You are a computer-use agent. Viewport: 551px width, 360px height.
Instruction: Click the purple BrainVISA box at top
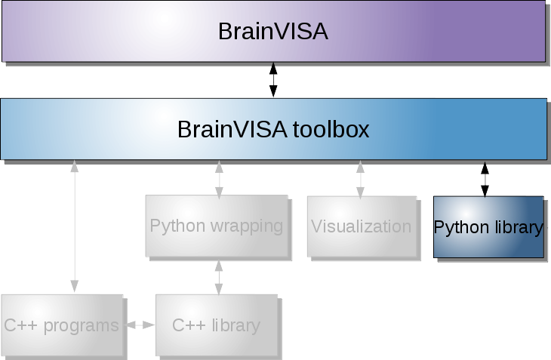pyautogui.click(x=273, y=32)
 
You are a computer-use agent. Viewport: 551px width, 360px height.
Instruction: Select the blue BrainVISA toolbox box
pyautogui.click(x=273, y=129)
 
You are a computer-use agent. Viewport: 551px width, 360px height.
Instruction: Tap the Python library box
pyautogui.click(x=488, y=227)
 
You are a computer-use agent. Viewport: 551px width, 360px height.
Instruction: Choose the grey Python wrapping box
pyautogui.click(x=217, y=226)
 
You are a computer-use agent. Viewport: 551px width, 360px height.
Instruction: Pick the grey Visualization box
pyautogui.click(x=361, y=226)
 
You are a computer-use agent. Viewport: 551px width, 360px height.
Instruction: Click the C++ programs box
pyautogui.click(x=62, y=325)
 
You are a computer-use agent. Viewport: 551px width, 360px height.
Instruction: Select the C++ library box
pyautogui.click(x=216, y=325)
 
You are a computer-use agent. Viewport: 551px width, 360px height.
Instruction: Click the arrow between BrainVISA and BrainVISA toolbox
pyautogui.click(x=273, y=80)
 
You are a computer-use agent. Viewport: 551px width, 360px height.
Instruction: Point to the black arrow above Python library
pyautogui.click(x=485, y=179)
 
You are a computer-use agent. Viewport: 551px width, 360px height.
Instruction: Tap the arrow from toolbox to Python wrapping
pyautogui.click(x=219, y=179)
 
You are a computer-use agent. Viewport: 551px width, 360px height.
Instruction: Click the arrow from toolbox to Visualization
pyautogui.click(x=360, y=179)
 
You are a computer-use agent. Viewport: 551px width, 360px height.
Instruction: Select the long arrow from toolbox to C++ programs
pyautogui.click(x=74, y=226)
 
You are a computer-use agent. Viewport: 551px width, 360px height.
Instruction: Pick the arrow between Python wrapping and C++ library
pyautogui.click(x=219, y=277)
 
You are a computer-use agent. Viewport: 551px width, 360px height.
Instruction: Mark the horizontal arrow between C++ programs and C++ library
pyautogui.click(x=140, y=325)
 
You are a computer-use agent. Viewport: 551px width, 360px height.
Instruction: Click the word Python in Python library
pyautogui.click(x=461, y=227)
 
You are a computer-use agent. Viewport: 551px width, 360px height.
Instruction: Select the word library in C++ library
pyautogui.click(x=235, y=326)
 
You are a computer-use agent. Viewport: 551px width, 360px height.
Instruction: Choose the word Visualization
pyautogui.click(x=361, y=226)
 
